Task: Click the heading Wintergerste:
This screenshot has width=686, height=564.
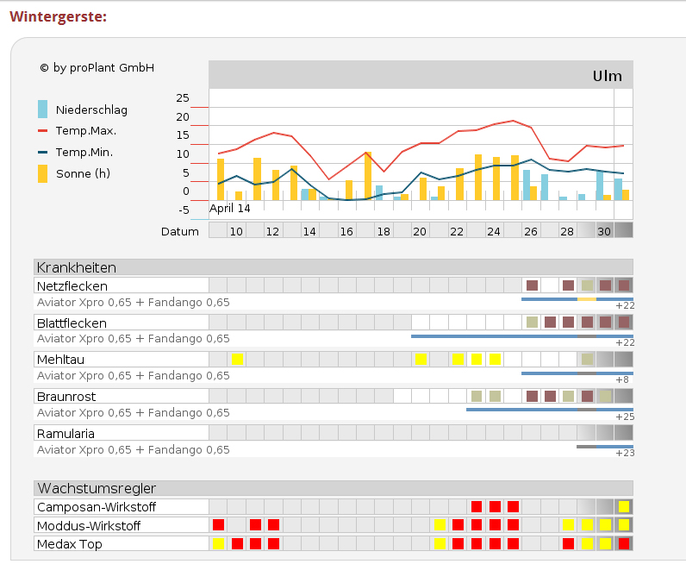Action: pyautogui.click(x=58, y=17)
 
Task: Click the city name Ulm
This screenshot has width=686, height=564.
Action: pyautogui.click(x=607, y=76)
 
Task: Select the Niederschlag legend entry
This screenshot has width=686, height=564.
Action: pyautogui.click(x=90, y=110)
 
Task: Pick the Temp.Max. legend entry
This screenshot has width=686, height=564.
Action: pyautogui.click(x=85, y=131)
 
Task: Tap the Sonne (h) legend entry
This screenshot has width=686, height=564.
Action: pyautogui.click(x=83, y=173)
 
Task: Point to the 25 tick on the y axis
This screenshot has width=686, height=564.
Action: pyautogui.click(x=182, y=97)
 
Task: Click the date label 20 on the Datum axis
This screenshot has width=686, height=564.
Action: pyautogui.click(x=420, y=231)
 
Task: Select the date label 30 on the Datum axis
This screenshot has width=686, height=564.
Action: pyautogui.click(x=604, y=231)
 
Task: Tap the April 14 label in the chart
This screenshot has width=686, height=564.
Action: pyautogui.click(x=230, y=208)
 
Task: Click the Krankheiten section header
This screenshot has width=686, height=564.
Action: pyautogui.click(x=77, y=267)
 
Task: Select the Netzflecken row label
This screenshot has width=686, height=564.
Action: pyautogui.click(x=72, y=285)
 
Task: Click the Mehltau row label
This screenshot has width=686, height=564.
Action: pyautogui.click(x=61, y=359)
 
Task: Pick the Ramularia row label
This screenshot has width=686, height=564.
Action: pyautogui.click(x=65, y=433)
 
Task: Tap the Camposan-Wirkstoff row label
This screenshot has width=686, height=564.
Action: pyautogui.click(x=97, y=507)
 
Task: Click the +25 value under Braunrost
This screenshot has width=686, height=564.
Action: pyautogui.click(x=625, y=417)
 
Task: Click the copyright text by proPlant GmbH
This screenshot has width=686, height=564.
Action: pyautogui.click(x=97, y=67)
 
